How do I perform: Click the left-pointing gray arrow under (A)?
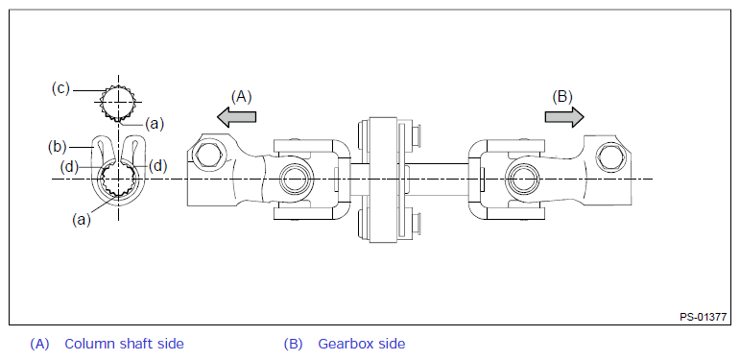click(x=236, y=116)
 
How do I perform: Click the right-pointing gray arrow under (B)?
click(x=564, y=116)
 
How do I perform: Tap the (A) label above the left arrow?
click(x=242, y=96)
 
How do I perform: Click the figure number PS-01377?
click(x=703, y=316)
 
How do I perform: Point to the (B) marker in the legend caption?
click(x=294, y=344)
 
